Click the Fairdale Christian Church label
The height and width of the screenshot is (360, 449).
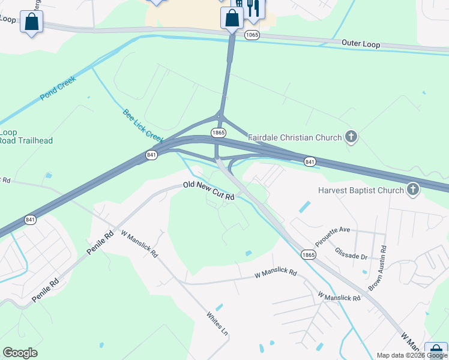tap(295, 137)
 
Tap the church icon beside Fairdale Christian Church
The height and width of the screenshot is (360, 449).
tap(351, 137)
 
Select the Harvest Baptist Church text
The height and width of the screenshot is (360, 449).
tap(361, 191)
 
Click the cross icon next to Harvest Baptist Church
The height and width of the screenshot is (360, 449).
tap(412, 191)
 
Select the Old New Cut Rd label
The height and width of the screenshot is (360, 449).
tap(208, 190)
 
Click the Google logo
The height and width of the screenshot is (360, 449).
tap(20, 353)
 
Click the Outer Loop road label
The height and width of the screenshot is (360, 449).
tap(361, 43)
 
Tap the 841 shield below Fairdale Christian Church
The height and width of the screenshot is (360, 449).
tap(310, 162)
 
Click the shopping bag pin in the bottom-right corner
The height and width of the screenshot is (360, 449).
tap(436, 351)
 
